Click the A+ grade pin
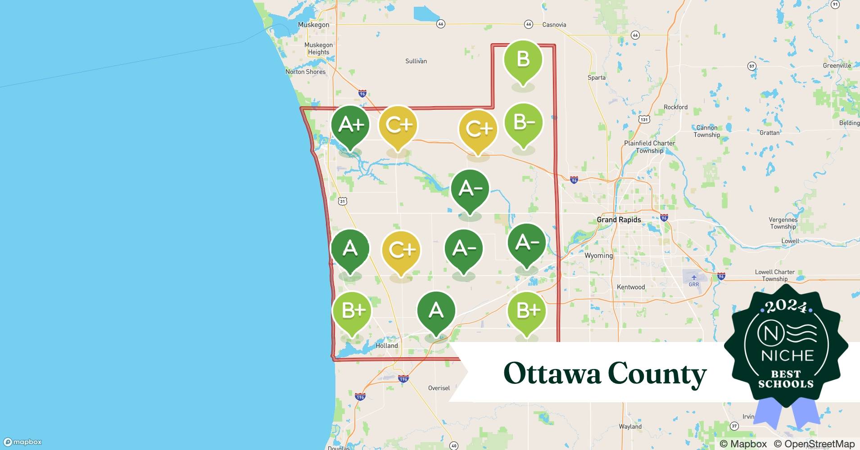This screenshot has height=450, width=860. (350, 125)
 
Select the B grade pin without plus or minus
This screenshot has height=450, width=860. (523, 59)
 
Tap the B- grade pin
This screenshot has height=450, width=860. (523, 122)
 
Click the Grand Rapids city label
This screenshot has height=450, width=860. (619, 220)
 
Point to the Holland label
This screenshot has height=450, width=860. (386, 346)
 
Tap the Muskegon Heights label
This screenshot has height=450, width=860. (318, 49)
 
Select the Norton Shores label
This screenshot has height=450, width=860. (305, 72)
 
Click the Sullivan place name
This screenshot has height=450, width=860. (416, 61)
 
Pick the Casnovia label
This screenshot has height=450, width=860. (554, 25)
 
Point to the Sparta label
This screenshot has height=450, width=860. (596, 77)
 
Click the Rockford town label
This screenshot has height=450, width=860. (675, 107)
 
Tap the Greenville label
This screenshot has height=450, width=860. (837, 65)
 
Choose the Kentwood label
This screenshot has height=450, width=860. (630, 287)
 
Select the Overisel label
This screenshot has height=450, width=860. (439, 388)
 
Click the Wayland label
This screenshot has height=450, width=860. (630, 426)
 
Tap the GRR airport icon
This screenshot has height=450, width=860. (693, 277)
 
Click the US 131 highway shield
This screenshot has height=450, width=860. (644, 119)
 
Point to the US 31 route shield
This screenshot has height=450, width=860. (343, 201)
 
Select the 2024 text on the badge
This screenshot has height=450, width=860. (786, 306)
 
